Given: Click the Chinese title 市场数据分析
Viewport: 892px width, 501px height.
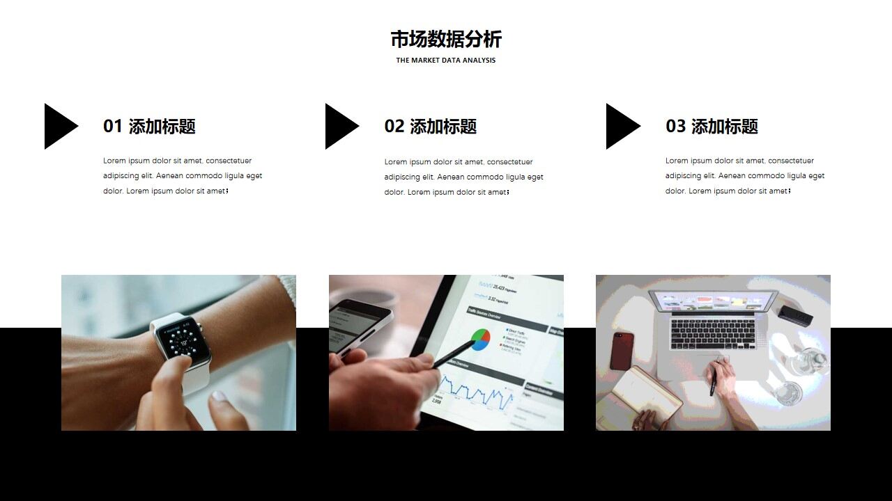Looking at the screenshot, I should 446,39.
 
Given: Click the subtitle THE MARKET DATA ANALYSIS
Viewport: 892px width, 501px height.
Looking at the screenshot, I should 446,61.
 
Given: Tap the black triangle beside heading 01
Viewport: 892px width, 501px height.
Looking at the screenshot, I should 59,126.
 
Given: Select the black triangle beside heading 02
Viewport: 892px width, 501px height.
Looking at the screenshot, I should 339,126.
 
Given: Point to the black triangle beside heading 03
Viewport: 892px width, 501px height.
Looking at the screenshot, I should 620,126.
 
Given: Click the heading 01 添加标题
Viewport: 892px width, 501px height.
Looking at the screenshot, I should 149,127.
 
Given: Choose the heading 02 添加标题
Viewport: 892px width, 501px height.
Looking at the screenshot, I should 431,127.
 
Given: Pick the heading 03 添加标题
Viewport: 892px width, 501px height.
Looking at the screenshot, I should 712,127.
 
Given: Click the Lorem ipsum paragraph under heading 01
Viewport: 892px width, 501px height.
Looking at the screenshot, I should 183,176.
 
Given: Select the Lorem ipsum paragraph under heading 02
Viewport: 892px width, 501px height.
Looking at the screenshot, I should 463,177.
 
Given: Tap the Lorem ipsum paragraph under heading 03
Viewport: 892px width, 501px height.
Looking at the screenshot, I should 745,176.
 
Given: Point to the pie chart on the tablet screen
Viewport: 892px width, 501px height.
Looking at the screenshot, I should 480,339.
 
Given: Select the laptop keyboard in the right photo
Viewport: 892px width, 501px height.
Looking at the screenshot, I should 713,335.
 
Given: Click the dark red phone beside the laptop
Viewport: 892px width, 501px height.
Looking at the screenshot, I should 622,351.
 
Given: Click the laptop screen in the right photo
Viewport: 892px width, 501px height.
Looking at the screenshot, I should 712,301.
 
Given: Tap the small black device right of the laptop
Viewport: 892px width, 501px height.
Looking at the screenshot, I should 795,315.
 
